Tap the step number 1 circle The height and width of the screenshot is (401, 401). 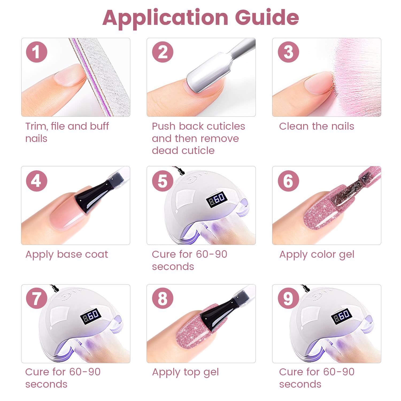pyautogui.click(x=37, y=52)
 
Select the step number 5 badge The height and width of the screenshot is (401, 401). pyautogui.click(x=163, y=181)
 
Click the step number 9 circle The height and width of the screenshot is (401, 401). pyautogui.click(x=288, y=298)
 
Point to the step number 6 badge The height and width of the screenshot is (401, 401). pyautogui.click(x=288, y=181)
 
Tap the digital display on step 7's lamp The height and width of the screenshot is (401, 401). pyautogui.click(x=91, y=316)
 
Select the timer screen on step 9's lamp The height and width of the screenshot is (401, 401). pyautogui.click(x=341, y=316)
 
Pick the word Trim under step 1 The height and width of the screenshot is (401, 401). pyautogui.click(x=37, y=126)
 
